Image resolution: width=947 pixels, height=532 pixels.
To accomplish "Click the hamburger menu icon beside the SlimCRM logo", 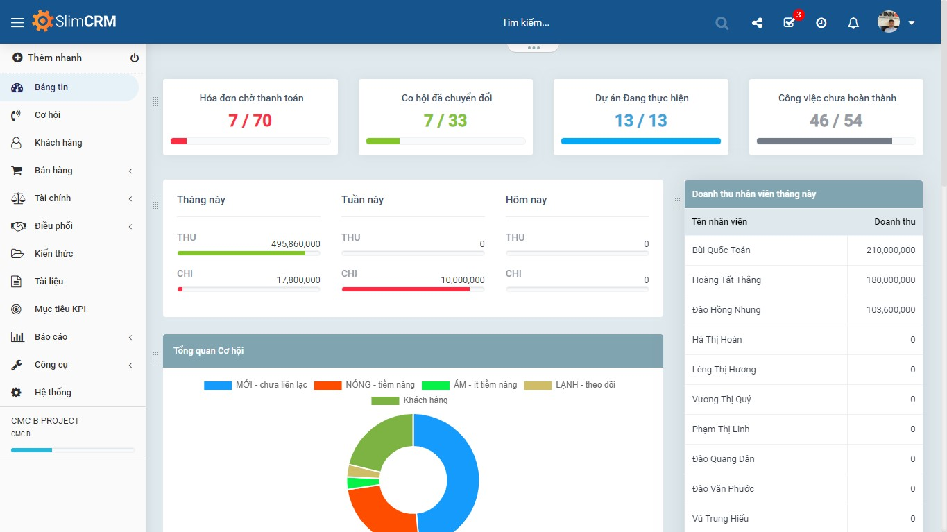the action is coord(17,22).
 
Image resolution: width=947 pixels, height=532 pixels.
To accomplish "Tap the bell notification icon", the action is coord(853,23).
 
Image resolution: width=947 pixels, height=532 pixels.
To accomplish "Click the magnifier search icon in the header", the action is coord(722,23).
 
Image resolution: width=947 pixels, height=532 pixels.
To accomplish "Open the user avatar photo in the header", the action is coord(888,22).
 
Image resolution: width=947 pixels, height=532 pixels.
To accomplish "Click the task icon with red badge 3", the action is coord(790,22).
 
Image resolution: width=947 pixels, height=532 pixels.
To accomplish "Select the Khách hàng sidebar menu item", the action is coord(58,143).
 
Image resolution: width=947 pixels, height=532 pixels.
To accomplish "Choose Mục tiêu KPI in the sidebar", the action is coord(60,309).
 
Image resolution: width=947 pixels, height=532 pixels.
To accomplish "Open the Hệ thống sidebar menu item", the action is coord(53,393).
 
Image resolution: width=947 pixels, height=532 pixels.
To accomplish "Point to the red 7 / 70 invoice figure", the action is coord(250,121).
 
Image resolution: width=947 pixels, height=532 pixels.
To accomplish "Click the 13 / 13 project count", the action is coord(640,121).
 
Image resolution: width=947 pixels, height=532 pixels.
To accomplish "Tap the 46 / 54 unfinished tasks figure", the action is coord(836,121).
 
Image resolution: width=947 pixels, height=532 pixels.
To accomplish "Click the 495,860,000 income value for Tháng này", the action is coord(296,244).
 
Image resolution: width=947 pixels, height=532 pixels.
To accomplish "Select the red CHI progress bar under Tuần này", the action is coord(405,289).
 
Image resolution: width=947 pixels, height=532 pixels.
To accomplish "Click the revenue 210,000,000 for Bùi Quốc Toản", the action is coord(890,250).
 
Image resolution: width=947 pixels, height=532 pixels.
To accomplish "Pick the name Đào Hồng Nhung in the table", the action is coord(726,310).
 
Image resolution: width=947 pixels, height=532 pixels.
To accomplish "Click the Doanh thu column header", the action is coord(894,222).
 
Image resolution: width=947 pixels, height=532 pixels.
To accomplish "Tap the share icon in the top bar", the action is coord(757,23).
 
